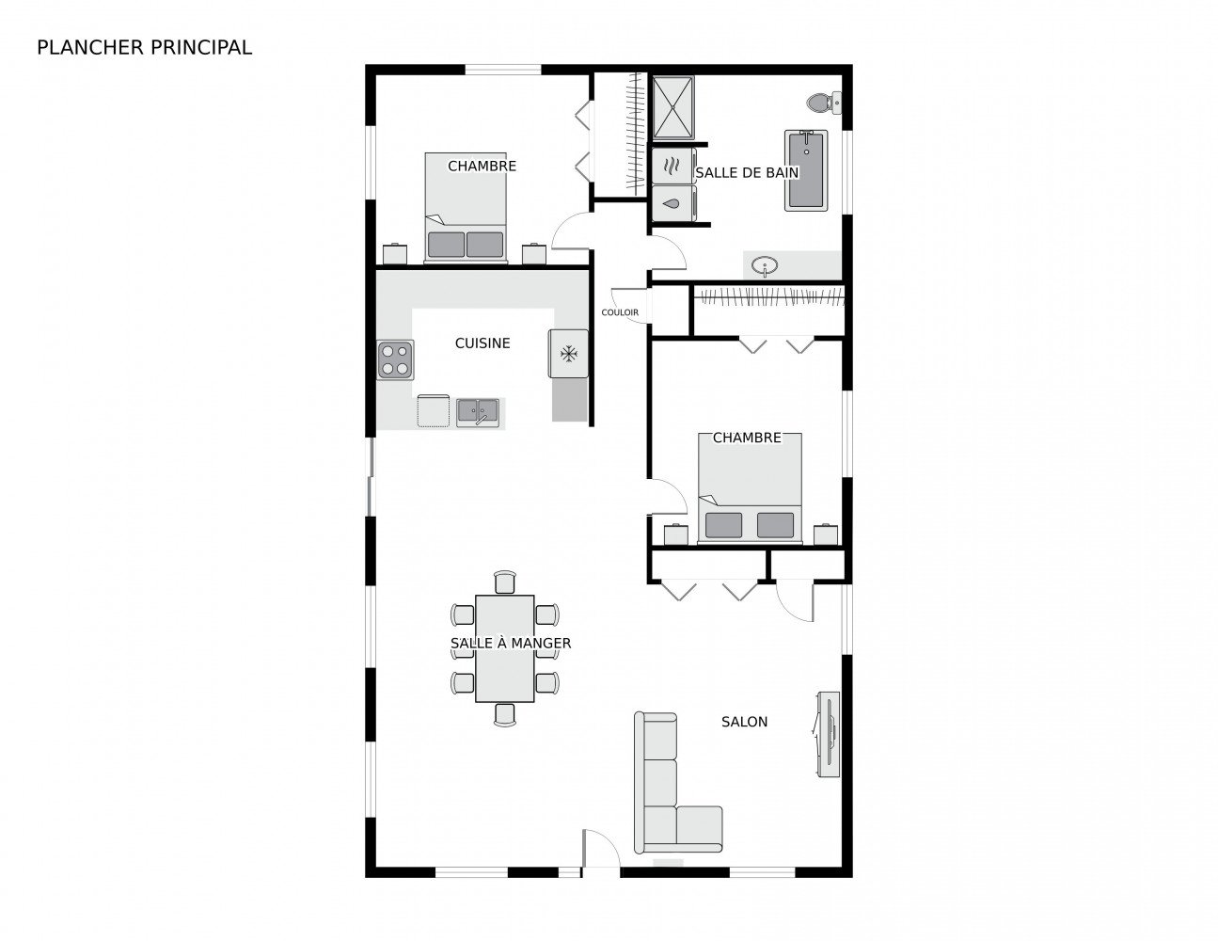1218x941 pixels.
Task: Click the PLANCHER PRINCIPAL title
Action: click(x=144, y=48)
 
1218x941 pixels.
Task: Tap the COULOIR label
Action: click(x=620, y=312)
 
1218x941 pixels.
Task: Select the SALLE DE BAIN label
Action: click(x=747, y=172)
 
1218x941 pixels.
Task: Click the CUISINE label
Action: click(x=482, y=343)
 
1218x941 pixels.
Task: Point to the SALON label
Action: click(x=744, y=722)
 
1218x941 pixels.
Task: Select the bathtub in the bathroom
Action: click(x=805, y=170)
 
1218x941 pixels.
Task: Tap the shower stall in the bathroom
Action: click(x=673, y=106)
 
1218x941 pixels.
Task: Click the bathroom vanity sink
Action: click(x=767, y=265)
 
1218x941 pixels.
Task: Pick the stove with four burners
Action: click(x=395, y=359)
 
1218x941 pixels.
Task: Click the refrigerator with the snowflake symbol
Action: click(x=568, y=354)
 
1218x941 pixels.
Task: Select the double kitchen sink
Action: click(x=478, y=412)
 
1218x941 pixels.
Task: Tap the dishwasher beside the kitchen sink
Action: click(x=434, y=410)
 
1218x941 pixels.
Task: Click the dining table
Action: click(x=505, y=648)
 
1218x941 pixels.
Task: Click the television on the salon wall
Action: click(x=827, y=735)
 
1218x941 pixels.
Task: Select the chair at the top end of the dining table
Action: click(x=505, y=582)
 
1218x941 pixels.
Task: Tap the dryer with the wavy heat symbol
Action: click(x=672, y=167)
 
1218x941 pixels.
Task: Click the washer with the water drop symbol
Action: click(x=672, y=203)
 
